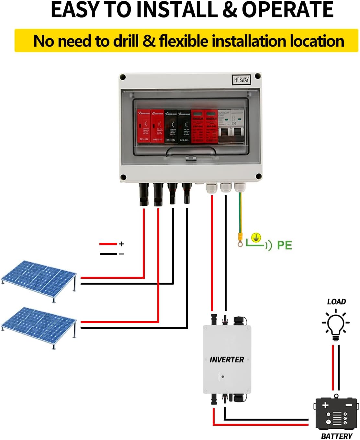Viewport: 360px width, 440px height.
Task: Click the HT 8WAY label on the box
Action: [x=242, y=80]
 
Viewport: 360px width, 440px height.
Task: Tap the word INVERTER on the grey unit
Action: [x=227, y=360]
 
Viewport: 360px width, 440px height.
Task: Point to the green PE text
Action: [x=285, y=245]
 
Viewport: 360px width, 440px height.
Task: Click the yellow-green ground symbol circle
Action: [x=256, y=238]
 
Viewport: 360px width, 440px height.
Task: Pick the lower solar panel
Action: [x=39, y=326]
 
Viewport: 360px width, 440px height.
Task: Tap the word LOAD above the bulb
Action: [x=336, y=302]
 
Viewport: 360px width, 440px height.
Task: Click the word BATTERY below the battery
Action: [x=336, y=436]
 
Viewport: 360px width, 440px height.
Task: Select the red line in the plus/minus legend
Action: [x=108, y=244]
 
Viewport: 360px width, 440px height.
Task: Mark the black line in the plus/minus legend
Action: [x=108, y=254]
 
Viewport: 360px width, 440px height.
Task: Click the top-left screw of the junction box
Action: [x=123, y=77]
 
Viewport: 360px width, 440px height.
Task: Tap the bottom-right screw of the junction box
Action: [x=258, y=176]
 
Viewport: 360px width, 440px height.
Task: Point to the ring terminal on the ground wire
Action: [x=240, y=243]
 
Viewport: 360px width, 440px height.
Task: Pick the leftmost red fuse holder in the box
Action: [x=144, y=126]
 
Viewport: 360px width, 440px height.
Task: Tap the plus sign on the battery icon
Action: [x=325, y=405]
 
